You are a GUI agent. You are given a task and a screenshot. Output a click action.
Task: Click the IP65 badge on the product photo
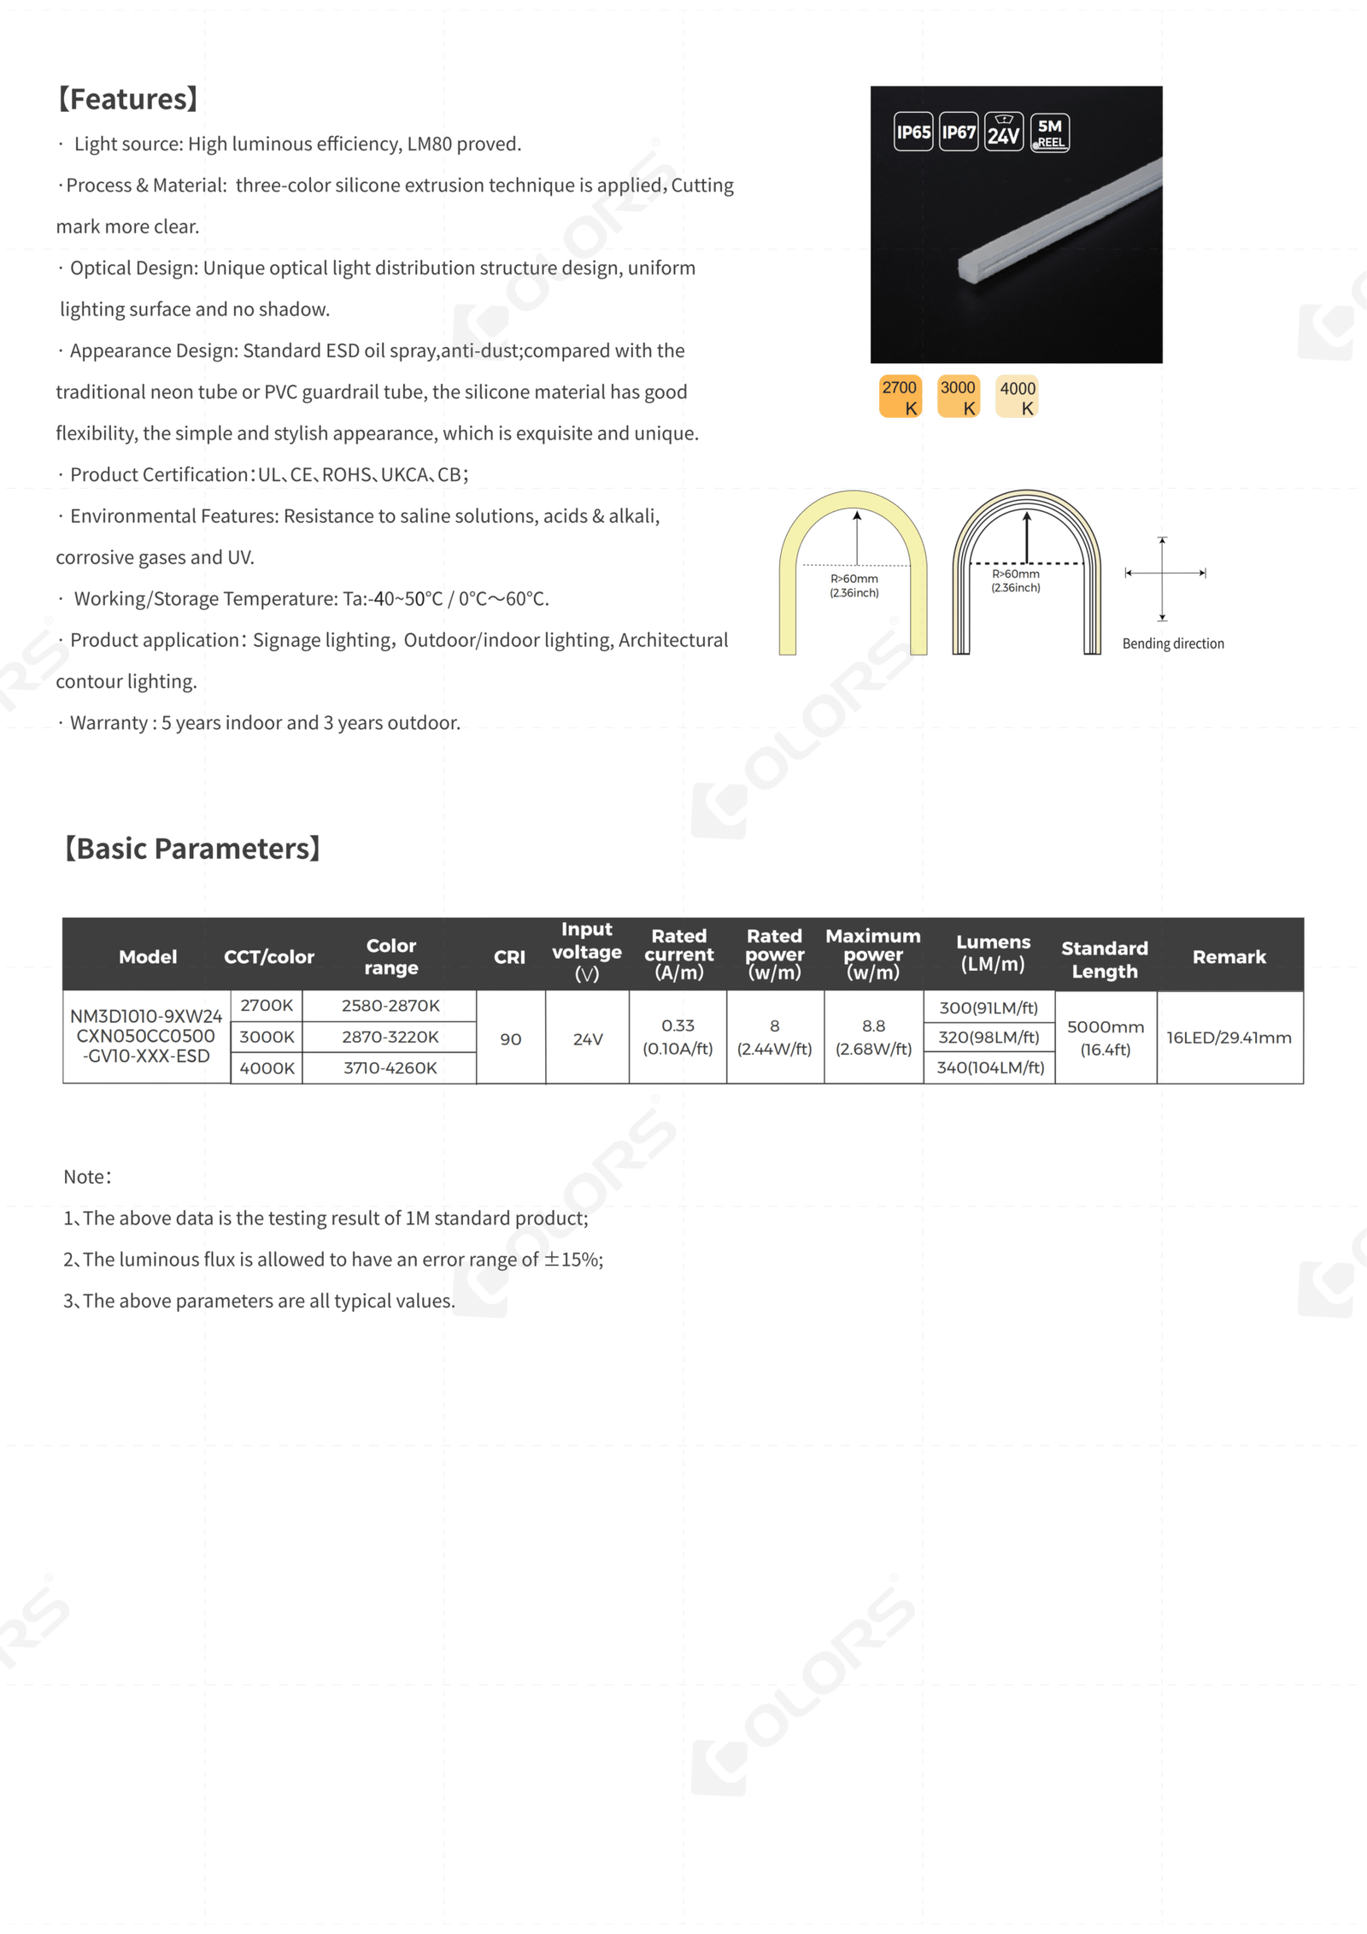pyautogui.click(x=912, y=132)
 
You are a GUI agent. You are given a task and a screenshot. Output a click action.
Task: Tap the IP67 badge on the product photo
pyautogui.click(x=959, y=132)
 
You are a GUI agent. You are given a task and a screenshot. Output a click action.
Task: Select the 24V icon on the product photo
pyautogui.click(x=1004, y=132)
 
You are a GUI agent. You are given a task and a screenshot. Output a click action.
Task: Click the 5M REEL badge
pyautogui.click(x=1050, y=132)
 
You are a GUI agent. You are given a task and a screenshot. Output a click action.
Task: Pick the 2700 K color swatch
pyautogui.click(x=900, y=397)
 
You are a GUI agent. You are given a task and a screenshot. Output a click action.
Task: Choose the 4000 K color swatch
pyautogui.click(x=1018, y=397)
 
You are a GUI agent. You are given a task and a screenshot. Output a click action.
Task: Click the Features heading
pyautogui.click(x=128, y=99)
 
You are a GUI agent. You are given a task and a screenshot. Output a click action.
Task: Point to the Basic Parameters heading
pyautogui.click(x=192, y=849)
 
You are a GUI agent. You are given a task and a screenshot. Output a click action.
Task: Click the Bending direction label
pyautogui.click(x=1173, y=644)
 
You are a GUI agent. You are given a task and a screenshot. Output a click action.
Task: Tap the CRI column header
pyautogui.click(x=509, y=957)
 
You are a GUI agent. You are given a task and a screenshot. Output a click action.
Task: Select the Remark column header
pyautogui.click(x=1229, y=957)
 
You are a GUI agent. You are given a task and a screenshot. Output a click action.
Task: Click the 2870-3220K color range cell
pyautogui.click(x=390, y=1037)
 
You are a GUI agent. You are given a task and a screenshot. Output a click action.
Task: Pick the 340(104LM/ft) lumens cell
pyautogui.click(x=990, y=1067)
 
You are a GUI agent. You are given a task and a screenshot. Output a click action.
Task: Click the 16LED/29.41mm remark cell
pyautogui.click(x=1229, y=1038)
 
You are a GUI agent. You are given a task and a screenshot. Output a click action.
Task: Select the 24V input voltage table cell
pyautogui.click(x=588, y=1039)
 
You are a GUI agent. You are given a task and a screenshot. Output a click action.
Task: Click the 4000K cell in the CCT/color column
pyautogui.click(x=267, y=1068)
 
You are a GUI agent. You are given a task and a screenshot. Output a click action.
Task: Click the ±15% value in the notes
pyautogui.click(x=573, y=1260)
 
